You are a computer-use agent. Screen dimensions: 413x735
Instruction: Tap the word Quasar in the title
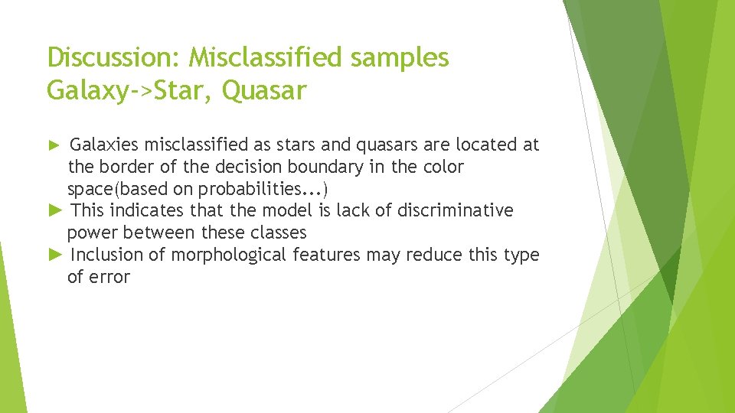(x=265, y=91)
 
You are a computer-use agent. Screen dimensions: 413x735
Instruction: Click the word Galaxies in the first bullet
(x=104, y=145)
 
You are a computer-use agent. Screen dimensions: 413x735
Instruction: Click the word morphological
(x=229, y=255)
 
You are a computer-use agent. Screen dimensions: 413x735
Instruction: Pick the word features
(x=327, y=255)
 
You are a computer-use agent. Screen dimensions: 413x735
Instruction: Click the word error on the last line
(x=110, y=277)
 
